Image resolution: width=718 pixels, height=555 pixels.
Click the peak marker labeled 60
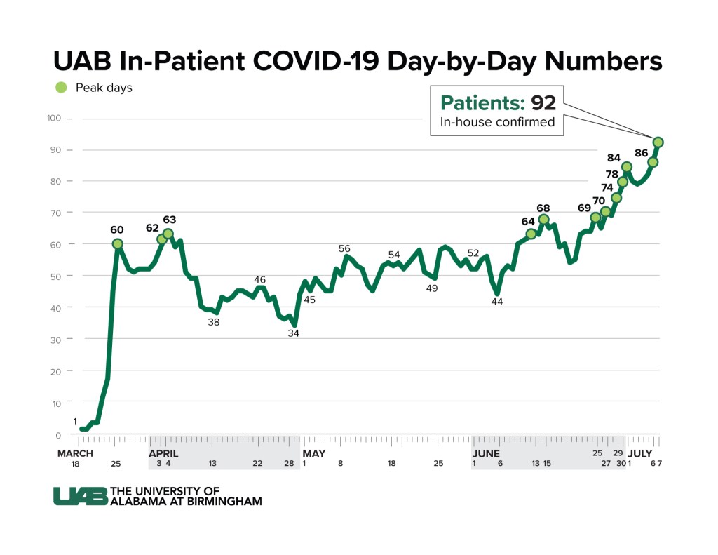(117, 244)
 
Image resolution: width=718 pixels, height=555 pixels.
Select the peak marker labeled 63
(168, 234)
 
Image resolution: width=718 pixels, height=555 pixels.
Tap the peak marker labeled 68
(543, 219)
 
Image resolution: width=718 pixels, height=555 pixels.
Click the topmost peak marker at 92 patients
(658, 142)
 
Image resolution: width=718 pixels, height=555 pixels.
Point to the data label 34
(293, 333)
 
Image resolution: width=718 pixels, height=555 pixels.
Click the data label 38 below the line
(214, 322)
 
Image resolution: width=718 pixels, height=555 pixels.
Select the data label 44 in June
(497, 302)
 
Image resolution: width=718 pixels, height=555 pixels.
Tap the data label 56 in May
(344, 248)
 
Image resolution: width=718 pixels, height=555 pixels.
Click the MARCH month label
(76, 454)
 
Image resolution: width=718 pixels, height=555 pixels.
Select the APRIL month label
(163, 454)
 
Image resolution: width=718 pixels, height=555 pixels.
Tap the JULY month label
(639, 454)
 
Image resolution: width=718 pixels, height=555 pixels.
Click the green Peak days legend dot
(61, 88)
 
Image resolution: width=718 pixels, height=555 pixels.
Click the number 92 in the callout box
(543, 103)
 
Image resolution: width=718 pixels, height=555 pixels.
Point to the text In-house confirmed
(497, 122)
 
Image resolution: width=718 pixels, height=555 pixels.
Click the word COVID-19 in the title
(317, 61)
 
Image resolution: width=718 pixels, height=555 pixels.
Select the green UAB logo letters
(80, 496)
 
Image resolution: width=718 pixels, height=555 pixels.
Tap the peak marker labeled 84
(627, 167)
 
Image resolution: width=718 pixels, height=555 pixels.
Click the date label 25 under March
(116, 464)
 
